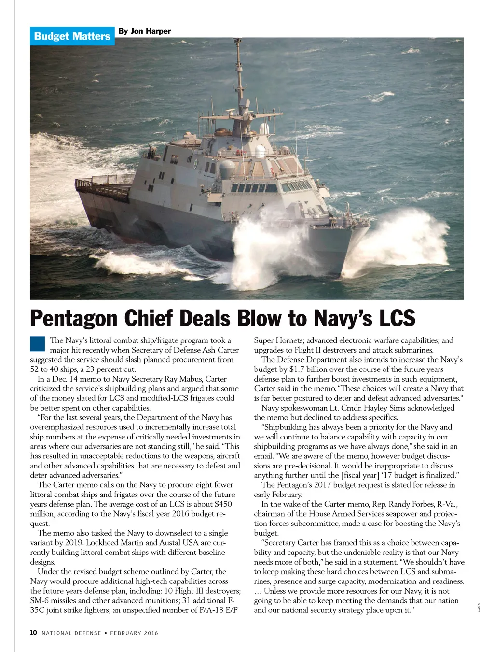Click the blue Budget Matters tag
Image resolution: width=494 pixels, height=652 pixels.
pos(72,36)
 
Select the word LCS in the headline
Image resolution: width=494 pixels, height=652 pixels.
pos(397,319)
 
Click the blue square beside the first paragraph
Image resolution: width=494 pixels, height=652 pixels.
pos(37,343)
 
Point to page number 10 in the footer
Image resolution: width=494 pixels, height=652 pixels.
pos(33,633)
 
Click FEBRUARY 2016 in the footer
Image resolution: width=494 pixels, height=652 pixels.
pos(134,633)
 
